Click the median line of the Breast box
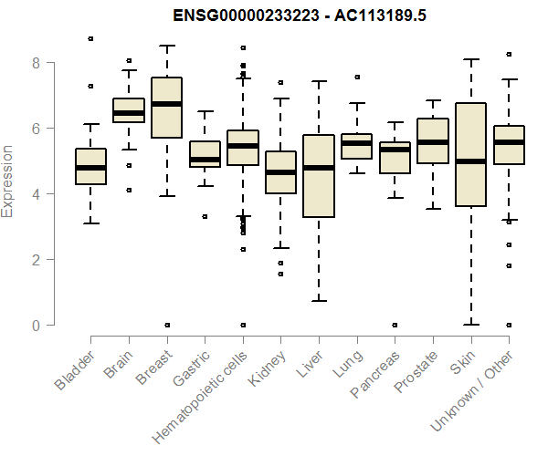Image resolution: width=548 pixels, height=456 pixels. (x=166, y=104)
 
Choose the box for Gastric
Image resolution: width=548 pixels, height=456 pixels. (x=205, y=153)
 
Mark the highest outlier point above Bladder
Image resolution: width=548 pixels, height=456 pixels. (x=90, y=38)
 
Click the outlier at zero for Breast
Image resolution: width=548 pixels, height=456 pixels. (x=166, y=325)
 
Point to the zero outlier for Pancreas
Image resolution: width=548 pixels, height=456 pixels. (x=394, y=325)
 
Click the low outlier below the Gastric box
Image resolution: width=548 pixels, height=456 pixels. (x=205, y=216)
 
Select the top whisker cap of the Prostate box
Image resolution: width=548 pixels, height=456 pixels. (x=432, y=100)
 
